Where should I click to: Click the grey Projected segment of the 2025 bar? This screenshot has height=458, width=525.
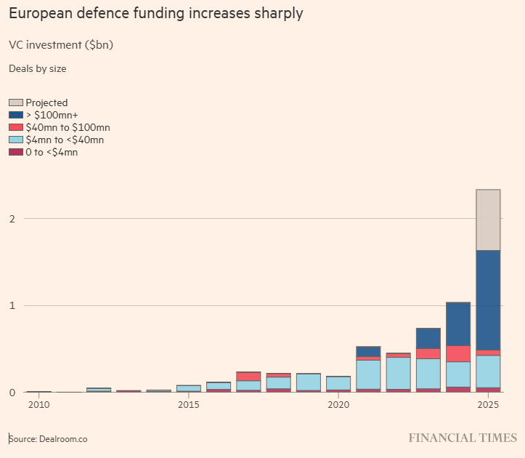488,220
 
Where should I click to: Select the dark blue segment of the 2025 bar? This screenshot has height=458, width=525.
488,300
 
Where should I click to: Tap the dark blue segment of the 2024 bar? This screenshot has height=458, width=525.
457,324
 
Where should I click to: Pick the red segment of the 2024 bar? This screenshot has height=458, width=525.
457,353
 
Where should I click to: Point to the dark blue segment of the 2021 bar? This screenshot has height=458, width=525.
368,351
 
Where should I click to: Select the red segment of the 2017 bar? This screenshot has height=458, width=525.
248,377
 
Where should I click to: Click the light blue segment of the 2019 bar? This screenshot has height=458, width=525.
309,382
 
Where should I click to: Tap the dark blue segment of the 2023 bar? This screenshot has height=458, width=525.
428,338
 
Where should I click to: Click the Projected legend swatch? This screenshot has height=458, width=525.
15,103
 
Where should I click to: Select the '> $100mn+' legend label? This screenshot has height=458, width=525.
52,116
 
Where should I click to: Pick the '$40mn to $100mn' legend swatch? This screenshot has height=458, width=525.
15,128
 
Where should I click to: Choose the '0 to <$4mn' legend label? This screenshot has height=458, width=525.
52,153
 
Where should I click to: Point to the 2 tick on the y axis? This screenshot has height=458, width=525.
12,219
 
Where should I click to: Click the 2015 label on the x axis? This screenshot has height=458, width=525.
188,404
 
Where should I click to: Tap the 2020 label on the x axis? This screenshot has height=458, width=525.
338,404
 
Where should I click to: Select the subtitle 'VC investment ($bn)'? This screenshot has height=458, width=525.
61,45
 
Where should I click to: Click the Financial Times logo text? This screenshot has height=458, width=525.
463,438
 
